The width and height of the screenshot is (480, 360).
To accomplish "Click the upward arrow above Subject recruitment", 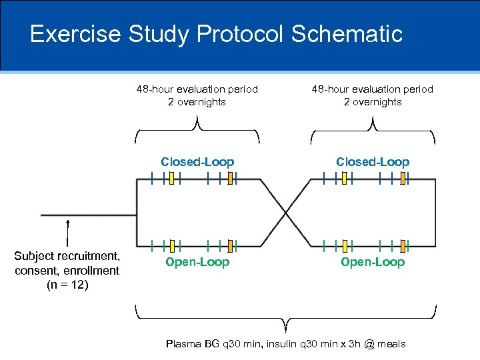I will [x=68, y=230].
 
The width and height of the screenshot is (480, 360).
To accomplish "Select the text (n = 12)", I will [x=67, y=285].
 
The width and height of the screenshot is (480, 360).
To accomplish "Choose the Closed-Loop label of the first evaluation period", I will [x=197, y=162].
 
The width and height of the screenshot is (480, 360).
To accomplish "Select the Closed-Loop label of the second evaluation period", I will [x=373, y=162].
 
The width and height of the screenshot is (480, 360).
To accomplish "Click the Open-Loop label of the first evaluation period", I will [x=197, y=262].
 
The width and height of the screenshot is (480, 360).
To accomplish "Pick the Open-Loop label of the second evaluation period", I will [x=373, y=262].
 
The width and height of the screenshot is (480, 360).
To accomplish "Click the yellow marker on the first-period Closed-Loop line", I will [x=171, y=178].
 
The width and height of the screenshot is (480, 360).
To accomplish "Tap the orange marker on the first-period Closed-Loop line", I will [x=229, y=178].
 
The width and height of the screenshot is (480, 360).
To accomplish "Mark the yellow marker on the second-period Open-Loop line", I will [x=345, y=246].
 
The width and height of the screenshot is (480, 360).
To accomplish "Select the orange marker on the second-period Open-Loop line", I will [x=403, y=246].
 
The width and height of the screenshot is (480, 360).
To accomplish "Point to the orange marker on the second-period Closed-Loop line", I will [x=403, y=178].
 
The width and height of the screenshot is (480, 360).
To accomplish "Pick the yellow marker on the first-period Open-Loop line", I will [x=171, y=246].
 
